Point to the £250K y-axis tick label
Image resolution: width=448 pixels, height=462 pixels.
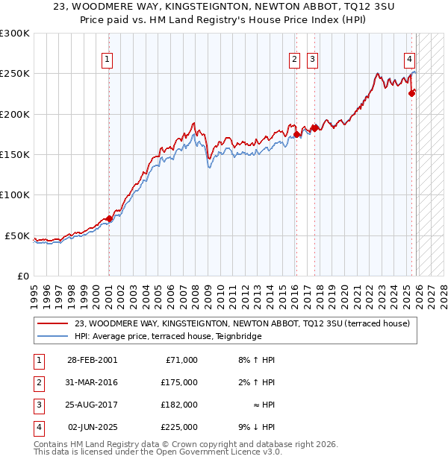[x=15, y=74]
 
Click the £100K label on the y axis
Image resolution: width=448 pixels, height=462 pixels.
[x=15, y=194]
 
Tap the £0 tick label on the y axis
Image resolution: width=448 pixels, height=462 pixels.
[x=22, y=276]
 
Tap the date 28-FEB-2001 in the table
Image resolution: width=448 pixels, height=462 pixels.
[x=92, y=360]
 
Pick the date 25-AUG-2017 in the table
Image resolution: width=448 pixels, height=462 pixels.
[x=92, y=405]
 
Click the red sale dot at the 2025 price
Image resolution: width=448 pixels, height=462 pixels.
[x=411, y=93]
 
